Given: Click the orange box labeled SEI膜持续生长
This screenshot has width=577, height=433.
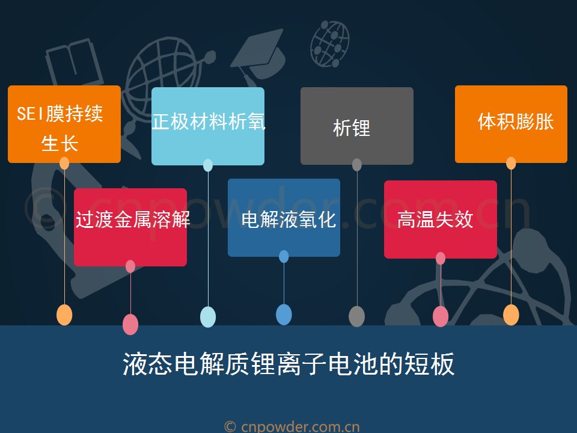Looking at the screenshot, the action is coord(64,124).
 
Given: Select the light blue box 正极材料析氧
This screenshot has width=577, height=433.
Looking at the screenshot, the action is coord(208,126).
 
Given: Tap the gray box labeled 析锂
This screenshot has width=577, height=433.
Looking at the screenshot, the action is coord(357,126).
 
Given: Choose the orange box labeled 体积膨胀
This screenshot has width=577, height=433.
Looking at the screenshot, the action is coord(511,124).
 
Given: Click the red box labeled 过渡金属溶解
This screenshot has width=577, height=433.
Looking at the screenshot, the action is coord(130,227).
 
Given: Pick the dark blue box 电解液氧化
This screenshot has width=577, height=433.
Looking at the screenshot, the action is coord(284,218).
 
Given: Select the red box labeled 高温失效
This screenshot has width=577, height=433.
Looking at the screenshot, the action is coord(441,220).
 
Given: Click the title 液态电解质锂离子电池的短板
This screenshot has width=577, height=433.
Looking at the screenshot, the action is coord(288,364).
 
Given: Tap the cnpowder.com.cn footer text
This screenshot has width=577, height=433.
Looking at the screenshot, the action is coord(292,427).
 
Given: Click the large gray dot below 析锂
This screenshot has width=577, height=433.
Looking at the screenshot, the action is coord(356,316).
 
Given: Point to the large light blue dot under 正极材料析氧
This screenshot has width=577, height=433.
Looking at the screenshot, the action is coord(208,317).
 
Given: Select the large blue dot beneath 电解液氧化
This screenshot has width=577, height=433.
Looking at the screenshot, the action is coord(284,315).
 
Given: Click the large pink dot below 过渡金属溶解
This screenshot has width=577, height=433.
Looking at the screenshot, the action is coord(130,324).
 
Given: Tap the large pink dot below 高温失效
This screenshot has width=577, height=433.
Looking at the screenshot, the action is coord(441,316).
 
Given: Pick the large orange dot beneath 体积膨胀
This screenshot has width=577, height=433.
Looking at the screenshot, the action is coord(511,315).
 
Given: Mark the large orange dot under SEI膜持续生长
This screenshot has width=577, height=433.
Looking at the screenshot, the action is coord(64,315).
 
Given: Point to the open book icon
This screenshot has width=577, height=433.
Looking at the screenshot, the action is coord(73,63).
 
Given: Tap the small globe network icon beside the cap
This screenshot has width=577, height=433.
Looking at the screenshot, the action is coord(330,44).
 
